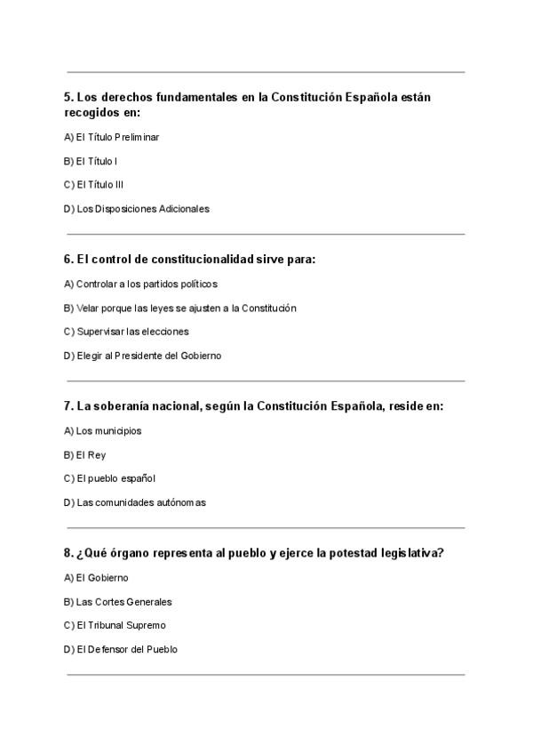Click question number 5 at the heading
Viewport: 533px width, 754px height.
tap(69, 98)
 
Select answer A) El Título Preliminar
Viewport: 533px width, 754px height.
tap(112, 138)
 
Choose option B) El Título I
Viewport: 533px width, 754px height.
tap(91, 161)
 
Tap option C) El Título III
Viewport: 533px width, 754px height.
tap(93, 185)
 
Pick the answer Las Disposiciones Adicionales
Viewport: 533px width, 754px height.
tap(137, 209)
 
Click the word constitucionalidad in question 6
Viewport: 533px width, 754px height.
tap(194, 260)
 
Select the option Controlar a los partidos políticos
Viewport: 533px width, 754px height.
tap(140, 284)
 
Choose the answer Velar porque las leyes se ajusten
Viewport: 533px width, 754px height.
tap(179, 308)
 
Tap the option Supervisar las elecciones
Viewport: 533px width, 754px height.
tap(126, 332)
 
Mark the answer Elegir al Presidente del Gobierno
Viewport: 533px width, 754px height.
tap(142, 356)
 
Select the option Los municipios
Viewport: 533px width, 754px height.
tap(103, 430)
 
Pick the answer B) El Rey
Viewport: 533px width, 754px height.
tap(85, 454)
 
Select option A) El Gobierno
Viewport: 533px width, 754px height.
tap(96, 577)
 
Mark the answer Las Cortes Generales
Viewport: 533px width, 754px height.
tap(118, 601)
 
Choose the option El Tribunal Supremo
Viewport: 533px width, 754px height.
tap(115, 625)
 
